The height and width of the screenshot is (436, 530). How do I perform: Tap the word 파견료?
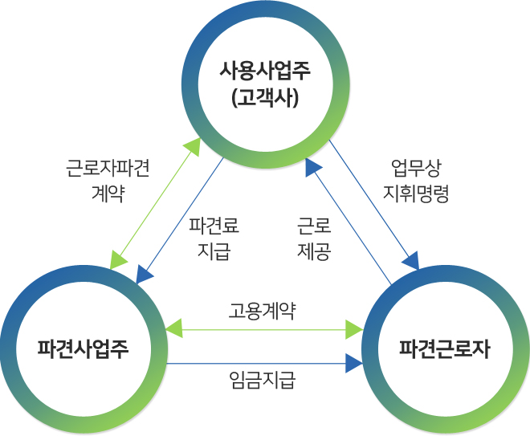click(214, 226)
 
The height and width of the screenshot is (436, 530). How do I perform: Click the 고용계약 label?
click(262, 311)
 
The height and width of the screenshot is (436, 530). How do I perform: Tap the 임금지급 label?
click(262, 380)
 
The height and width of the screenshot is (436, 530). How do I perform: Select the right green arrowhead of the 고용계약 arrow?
click(354, 328)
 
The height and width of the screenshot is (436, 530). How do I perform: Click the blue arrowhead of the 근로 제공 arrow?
click(313, 166)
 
